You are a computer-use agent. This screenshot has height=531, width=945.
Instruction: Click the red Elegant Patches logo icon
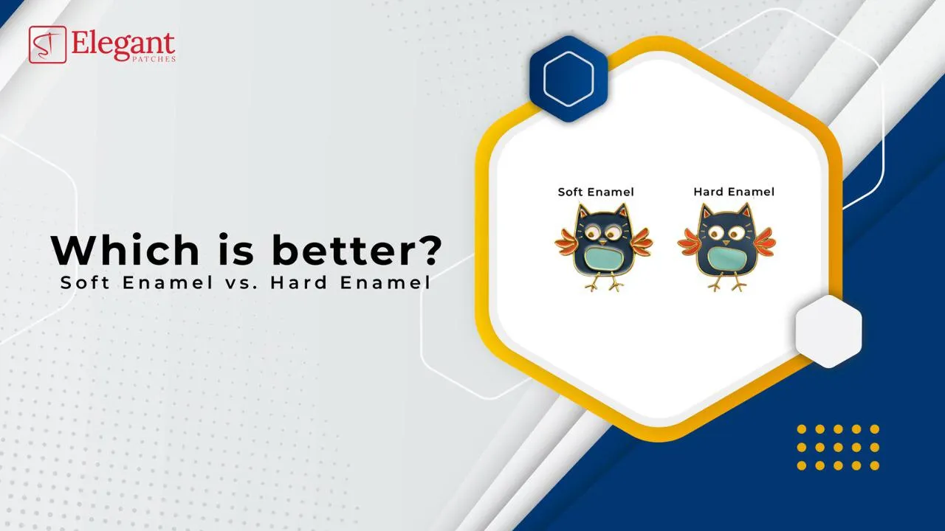point(47,44)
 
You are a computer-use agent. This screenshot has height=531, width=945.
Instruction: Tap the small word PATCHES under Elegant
point(154,60)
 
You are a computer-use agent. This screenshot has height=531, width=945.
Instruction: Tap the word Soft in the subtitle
point(86,282)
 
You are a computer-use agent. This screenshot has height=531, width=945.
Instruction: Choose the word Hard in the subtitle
point(299,282)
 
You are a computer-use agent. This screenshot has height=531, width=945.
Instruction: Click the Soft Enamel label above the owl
point(596,192)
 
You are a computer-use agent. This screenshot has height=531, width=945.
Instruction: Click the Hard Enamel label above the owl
point(734,192)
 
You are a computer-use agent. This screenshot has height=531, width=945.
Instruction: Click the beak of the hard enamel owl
point(726,243)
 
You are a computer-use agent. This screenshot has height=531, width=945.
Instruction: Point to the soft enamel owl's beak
point(603,243)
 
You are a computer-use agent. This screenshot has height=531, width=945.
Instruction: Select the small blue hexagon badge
point(568,79)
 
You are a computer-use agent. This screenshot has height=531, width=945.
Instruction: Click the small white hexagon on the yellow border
point(828,331)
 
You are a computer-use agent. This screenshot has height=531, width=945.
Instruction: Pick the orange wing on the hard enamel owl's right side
point(764,243)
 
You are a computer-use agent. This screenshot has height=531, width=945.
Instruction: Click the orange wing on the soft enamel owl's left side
point(566,244)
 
